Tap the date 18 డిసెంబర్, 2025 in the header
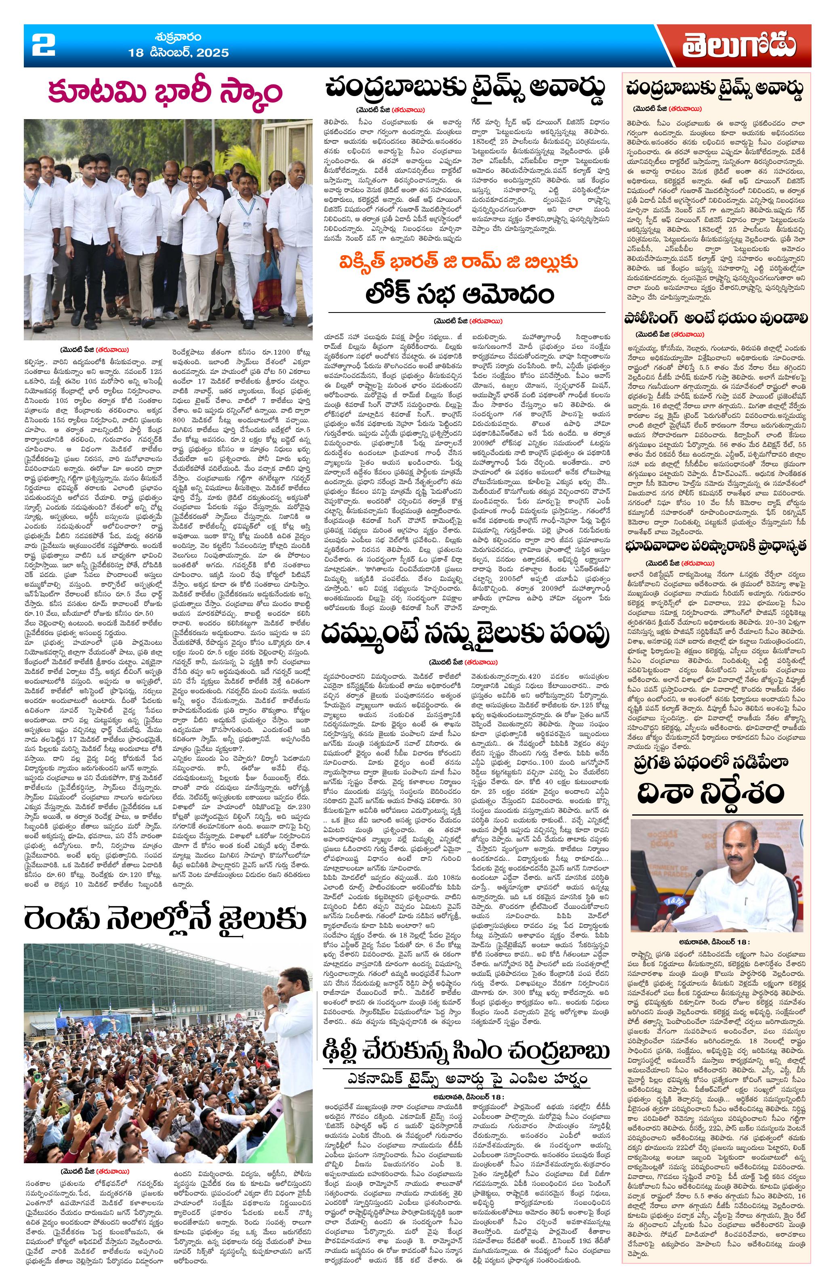[179, 53]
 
